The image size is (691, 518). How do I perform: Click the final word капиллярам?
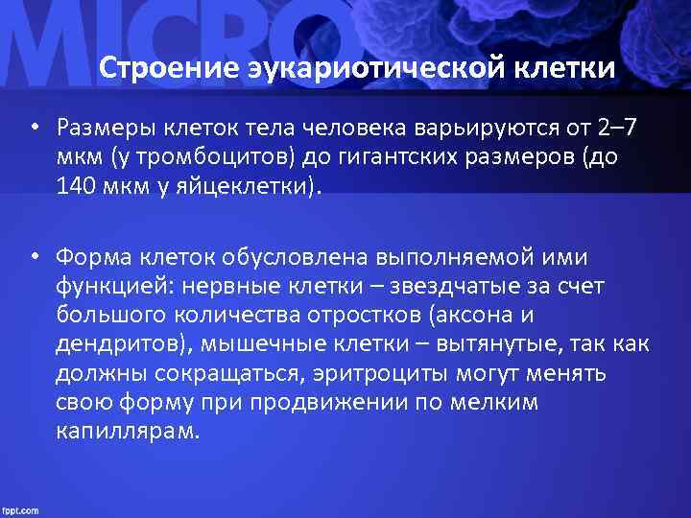(x=127, y=431)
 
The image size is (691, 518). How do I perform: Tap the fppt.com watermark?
(x=21, y=509)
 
